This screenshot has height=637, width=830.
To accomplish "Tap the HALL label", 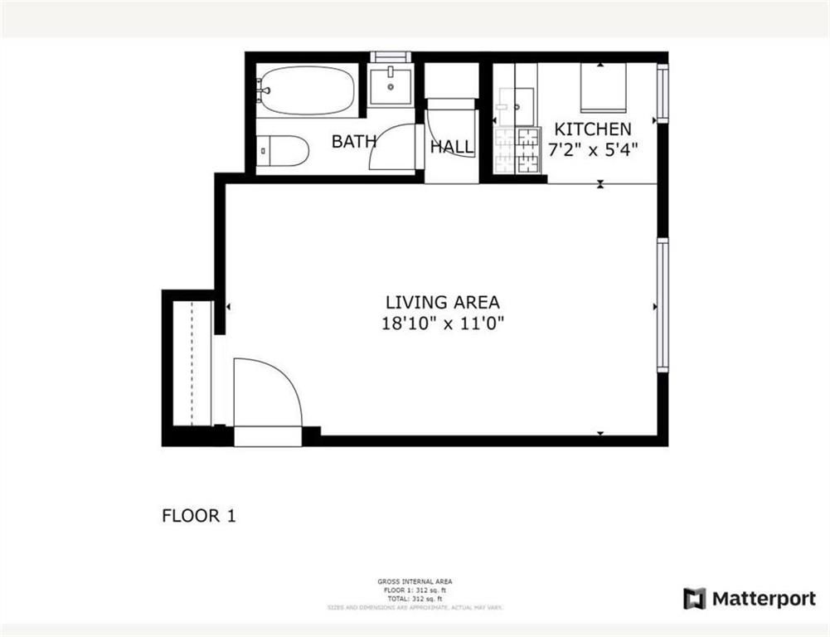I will tap(452, 148).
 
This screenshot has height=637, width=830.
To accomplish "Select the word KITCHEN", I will tap(592, 129).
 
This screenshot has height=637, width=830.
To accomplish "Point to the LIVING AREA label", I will tap(442, 303).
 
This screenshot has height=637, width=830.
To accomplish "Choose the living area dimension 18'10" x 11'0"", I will tap(442, 324).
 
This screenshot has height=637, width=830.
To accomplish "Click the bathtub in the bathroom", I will tap(306, 90).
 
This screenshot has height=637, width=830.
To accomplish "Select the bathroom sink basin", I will tap(390, 85).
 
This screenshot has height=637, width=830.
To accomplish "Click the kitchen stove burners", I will tap(516, 150).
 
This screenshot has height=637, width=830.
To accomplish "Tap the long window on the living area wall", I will tap(662, 305).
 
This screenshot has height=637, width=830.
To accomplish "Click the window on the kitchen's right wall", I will tap(662, 93).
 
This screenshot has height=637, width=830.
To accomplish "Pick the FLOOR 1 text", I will tap(198, 516).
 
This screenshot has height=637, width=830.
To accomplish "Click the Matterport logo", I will tap(750, 599).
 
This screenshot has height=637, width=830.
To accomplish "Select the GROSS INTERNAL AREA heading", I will tap(415, 581).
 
